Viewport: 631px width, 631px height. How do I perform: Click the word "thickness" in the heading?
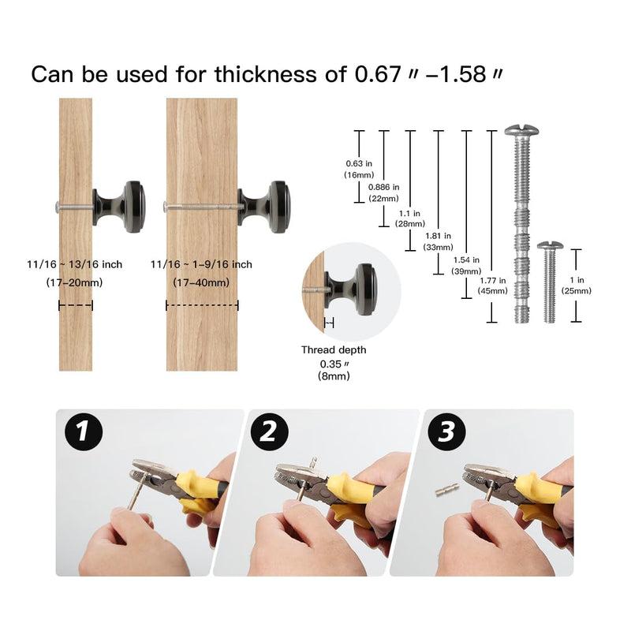pos(266,74)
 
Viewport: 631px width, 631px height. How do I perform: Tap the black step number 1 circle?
pos(84,431)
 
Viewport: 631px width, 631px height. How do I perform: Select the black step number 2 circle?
pos(269,431)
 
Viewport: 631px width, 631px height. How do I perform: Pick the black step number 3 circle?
pos(446,431)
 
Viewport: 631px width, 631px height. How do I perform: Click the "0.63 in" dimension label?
pos(359,163)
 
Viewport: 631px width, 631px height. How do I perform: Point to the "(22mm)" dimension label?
pos(383,199)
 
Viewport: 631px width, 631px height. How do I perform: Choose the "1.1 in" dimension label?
pos(409,213)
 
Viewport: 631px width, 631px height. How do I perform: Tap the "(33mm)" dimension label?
pos(438,247)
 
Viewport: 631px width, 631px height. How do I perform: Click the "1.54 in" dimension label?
pos(466,260)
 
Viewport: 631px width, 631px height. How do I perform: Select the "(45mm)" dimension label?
pos(492,290)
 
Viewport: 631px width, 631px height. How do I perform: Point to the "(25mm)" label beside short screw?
pos(577,290)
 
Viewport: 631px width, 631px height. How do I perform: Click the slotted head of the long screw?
pos(521,130)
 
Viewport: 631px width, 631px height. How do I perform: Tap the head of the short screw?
pos(550,245)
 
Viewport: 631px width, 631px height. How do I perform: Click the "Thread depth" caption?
pos(334,349)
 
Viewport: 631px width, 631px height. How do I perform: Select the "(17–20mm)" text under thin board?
pos(74,282)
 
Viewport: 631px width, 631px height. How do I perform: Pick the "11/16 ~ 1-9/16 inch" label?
pos(201,264)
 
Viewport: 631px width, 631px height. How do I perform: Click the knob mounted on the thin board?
pos(119,207)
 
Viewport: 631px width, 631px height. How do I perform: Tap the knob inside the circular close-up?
pos(351,289)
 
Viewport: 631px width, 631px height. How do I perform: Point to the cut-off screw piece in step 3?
pos(447,490)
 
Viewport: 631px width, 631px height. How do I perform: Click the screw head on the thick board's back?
pos(165,207)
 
